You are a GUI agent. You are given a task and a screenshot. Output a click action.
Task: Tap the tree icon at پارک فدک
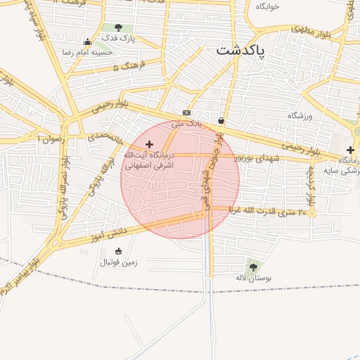tap(127, 27)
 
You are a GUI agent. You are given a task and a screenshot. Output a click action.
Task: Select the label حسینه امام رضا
tap(87, 53)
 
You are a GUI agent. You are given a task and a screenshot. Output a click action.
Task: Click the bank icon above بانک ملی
tap(186, 112)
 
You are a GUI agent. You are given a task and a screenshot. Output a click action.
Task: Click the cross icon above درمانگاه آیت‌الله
tap(149, 143)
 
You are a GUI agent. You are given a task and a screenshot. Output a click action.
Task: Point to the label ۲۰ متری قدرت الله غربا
tap(270, 211)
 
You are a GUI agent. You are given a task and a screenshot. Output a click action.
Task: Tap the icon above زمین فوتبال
tap(118, 251)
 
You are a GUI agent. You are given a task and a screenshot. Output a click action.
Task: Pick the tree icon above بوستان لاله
tap(252, 266)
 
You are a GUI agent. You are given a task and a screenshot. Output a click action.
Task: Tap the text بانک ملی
tap(187, 123)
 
